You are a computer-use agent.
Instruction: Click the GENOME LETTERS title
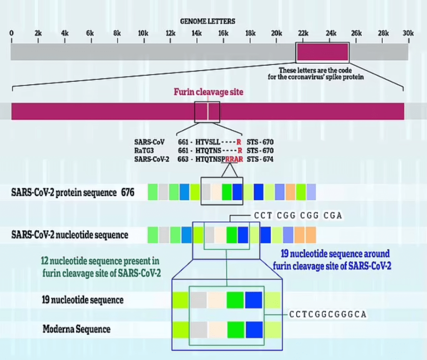point(207,21)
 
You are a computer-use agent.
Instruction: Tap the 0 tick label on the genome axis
point(12,33)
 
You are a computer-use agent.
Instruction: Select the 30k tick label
point(407,33)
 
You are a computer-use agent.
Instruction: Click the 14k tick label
point(196,33)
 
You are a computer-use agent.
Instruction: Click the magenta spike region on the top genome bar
point(322,52)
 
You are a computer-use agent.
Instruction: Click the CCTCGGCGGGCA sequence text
point(327,314)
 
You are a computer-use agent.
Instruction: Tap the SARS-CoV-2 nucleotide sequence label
point(70,235)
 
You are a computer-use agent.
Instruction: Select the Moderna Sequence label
point(76,329)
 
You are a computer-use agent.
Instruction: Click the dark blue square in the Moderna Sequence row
point(254,329)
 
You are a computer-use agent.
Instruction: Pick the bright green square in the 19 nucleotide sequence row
point(235,300)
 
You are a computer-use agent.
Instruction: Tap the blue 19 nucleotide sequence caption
point(332,260)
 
